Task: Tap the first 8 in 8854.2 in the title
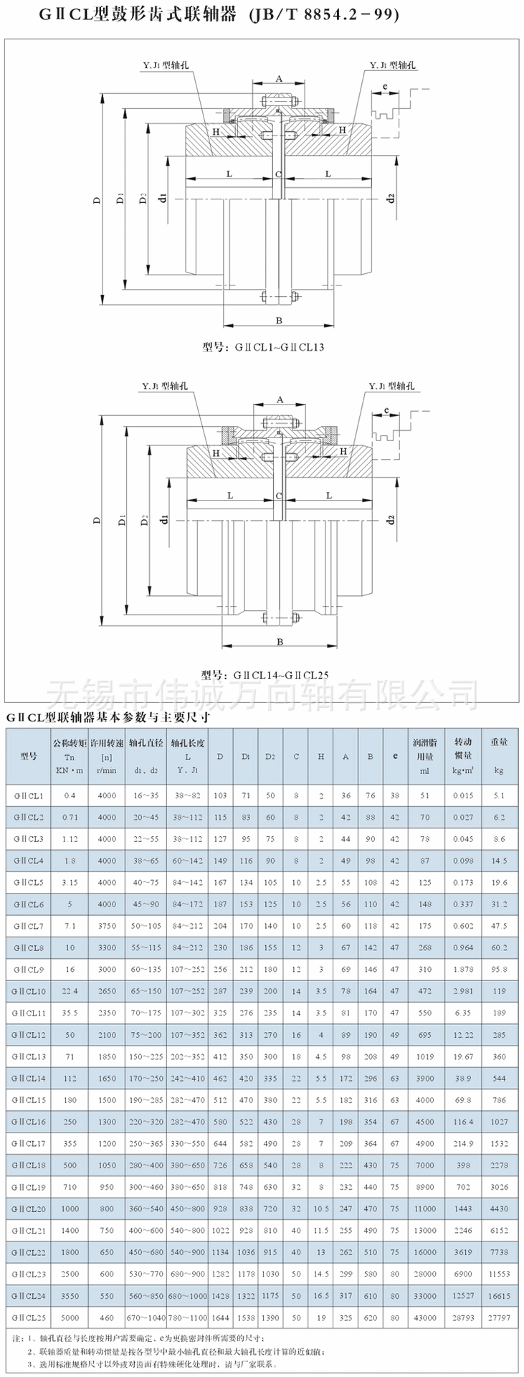(313, 14)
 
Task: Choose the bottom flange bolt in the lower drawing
(280, 617)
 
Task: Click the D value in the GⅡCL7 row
(220, 927)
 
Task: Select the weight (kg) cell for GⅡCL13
(499, 1056)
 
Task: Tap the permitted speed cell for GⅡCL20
(107, 1208)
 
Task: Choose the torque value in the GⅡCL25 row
(70, 1317)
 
